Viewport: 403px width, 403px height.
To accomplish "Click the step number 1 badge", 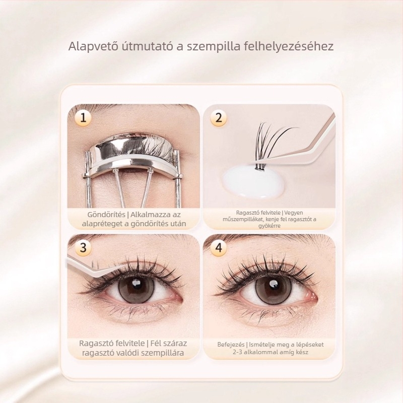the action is tap(83, 118).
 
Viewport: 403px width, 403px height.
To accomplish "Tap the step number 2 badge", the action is tap(219, 118).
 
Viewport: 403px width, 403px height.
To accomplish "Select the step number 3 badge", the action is tap(83, 248).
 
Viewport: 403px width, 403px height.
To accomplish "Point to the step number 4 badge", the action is tap(219, 248).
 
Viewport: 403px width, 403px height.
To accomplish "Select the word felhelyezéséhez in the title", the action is tap(289, 47).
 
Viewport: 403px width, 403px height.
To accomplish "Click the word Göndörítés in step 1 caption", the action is tap(106, 215).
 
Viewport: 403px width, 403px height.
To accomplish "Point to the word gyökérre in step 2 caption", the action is tap(270, 226).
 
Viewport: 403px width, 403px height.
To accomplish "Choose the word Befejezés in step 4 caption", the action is tap(231, 345).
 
